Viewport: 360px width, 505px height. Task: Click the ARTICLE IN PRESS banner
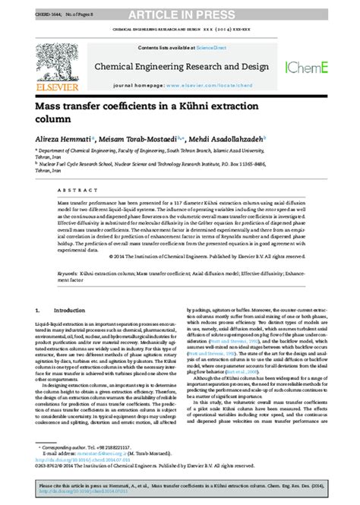click(x=179, y=15)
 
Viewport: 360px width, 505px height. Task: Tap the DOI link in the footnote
click(x=77, y=461)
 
